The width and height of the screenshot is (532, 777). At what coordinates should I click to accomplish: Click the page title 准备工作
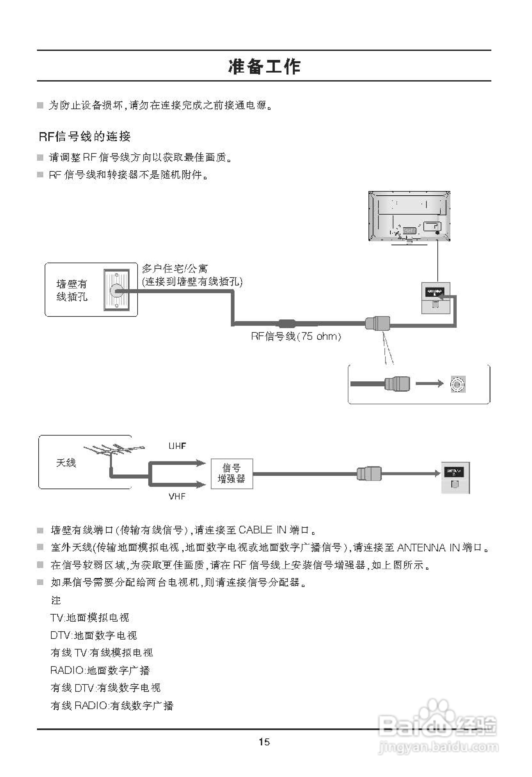[264, 66]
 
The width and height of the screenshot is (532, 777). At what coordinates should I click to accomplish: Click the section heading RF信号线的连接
[85, 136]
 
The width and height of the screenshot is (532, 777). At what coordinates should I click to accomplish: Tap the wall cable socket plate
[117, 290]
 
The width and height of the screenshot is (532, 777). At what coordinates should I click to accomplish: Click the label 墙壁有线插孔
[72, 290]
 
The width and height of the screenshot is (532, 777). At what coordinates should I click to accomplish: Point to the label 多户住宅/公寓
[175, 268]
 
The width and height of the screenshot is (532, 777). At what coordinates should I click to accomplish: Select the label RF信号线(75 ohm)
[296, 336]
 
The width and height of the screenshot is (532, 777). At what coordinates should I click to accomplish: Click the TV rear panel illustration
[409, 216]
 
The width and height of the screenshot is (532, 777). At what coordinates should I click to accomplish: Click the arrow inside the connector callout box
[429, 384]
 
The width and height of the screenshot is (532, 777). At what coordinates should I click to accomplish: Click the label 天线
[66, 463]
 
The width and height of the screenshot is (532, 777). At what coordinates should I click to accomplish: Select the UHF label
[177, 446]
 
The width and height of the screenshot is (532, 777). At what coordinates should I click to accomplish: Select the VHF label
[177, 496]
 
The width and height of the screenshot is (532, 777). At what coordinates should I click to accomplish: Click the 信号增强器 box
[232, 474]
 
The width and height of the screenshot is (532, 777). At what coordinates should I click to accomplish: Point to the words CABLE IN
[263, 530]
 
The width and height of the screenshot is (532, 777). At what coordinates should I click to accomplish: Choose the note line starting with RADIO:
[100, 670]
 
